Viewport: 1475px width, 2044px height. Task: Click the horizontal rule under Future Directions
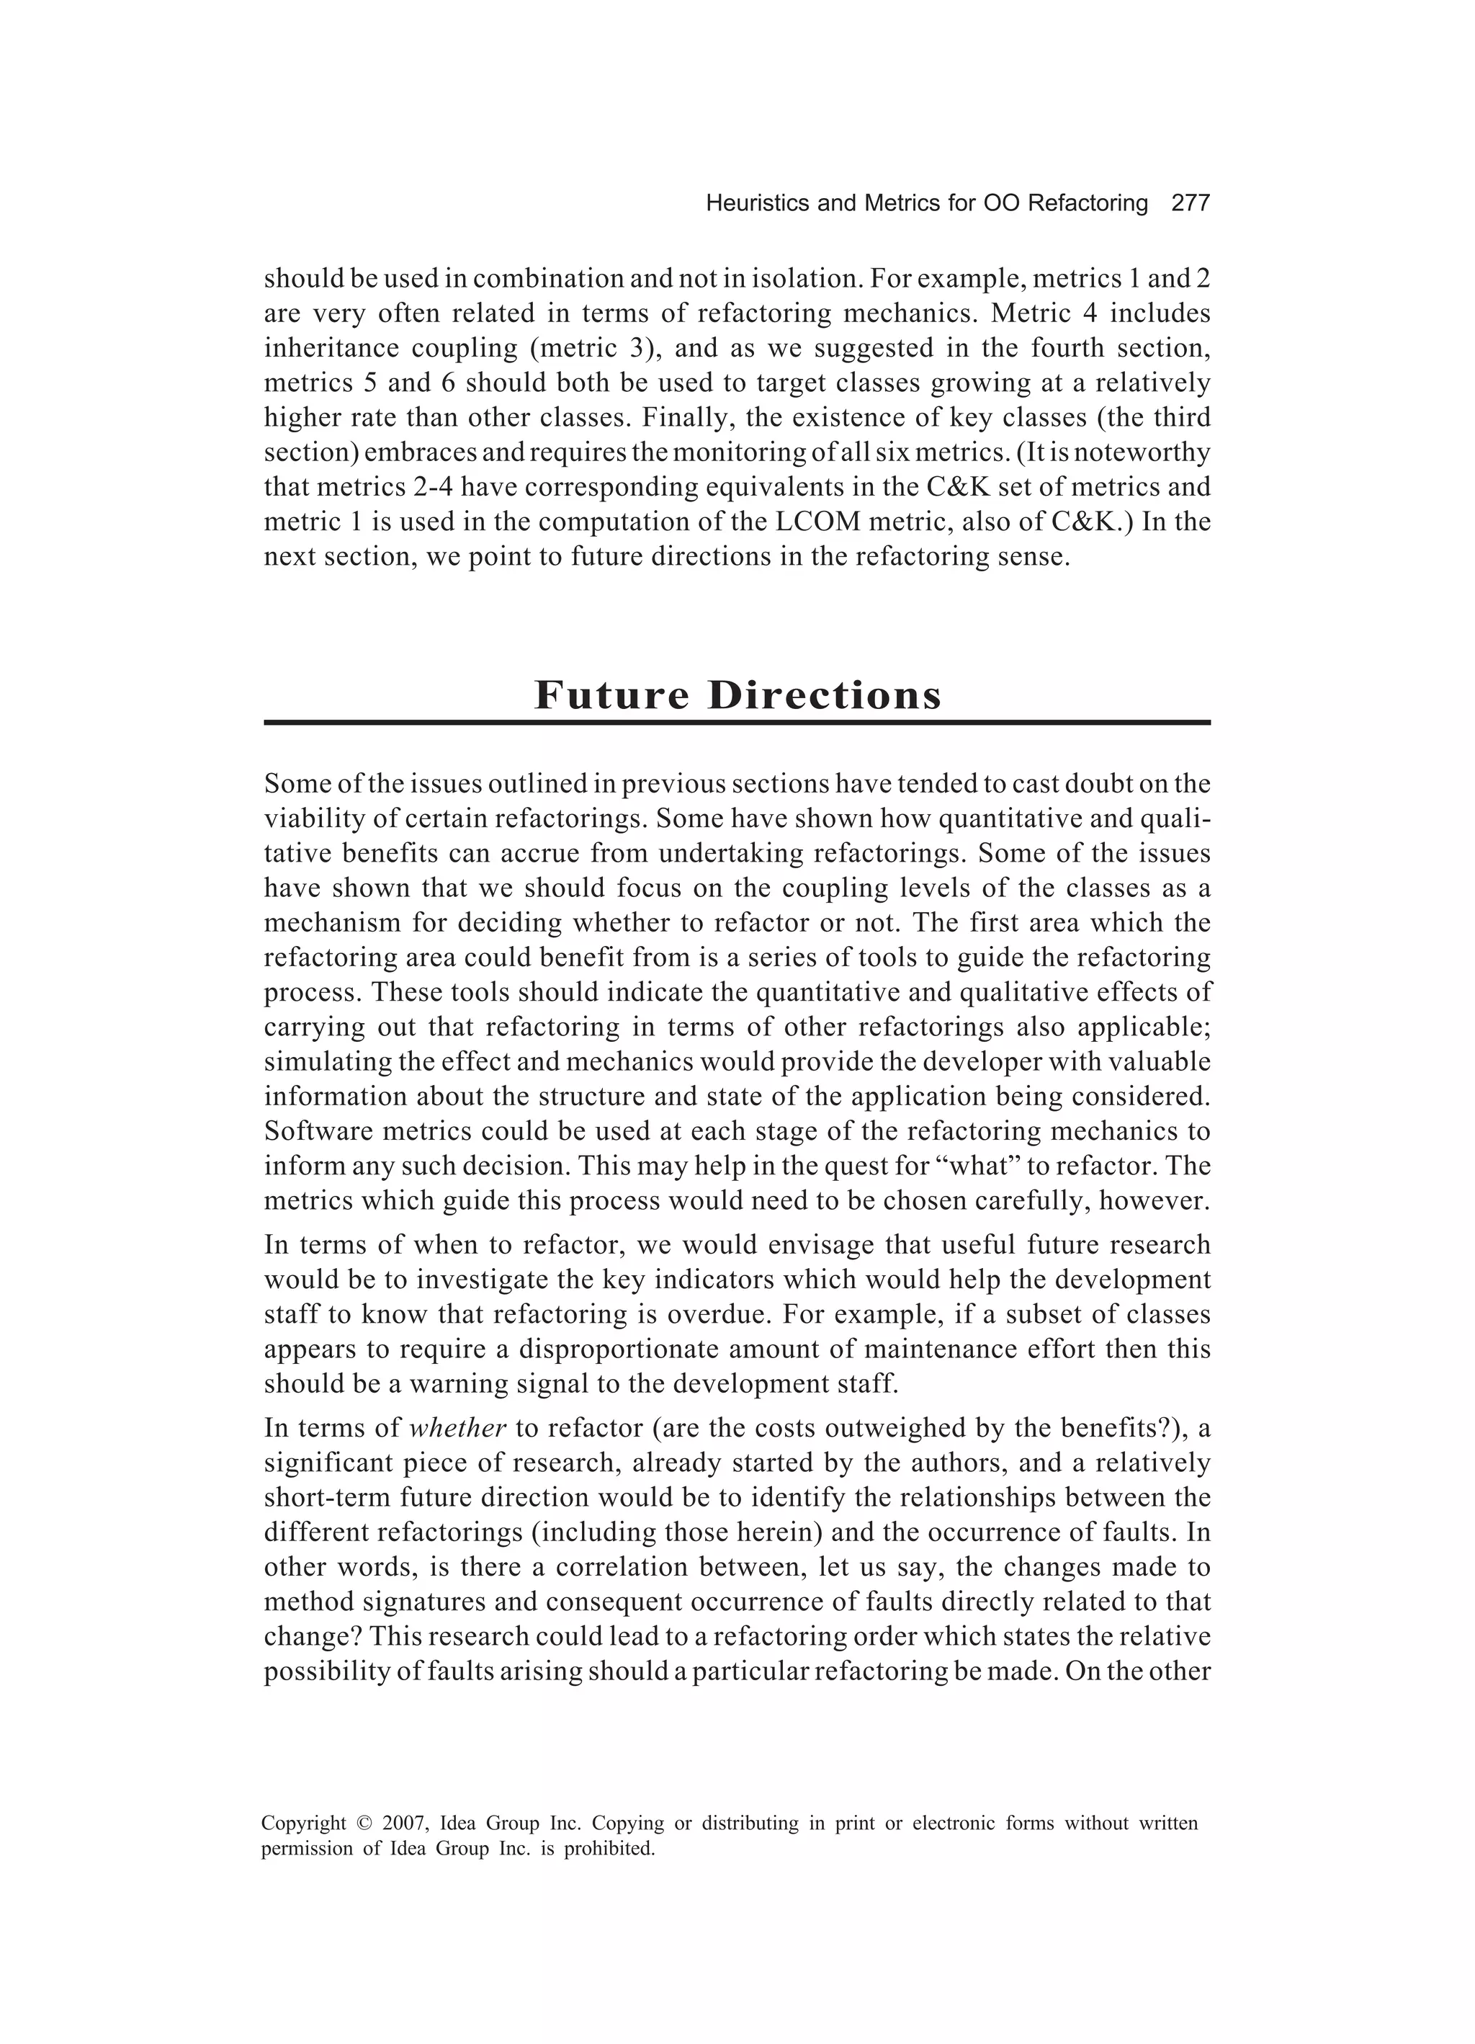click(736, 722)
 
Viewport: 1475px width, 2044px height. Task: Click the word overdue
click(717, 1315)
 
